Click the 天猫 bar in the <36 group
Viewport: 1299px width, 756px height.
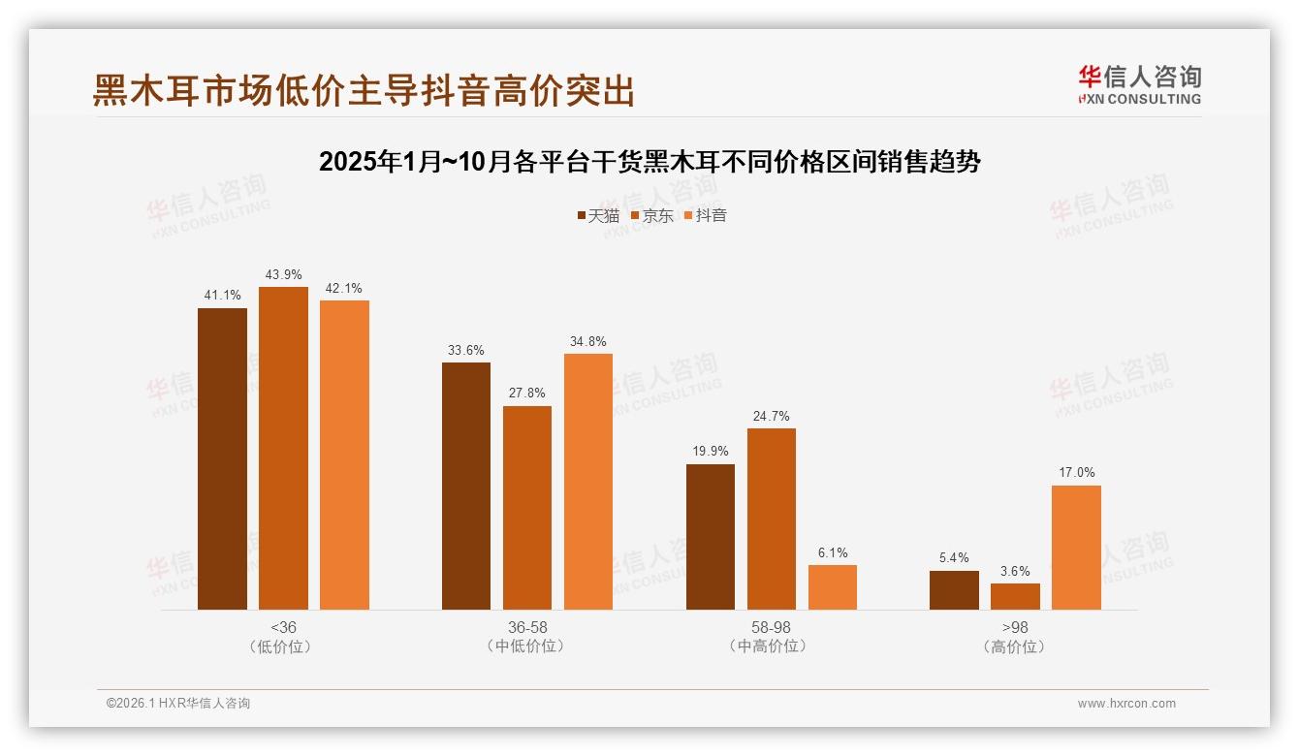(x=222, y=458)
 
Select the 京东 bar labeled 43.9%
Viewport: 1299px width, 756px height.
(x=283, y=448)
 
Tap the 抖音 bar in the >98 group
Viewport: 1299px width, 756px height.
(x=1076, y=548)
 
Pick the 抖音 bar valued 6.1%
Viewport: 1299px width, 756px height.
(x=833, y=587)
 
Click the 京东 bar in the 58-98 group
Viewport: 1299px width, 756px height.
(x=772, y=519)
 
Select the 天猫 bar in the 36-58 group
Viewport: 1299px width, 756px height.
(x=466, y=486)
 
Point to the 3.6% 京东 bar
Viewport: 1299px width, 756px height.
(x=1015, y=596)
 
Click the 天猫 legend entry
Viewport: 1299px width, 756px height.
(x=597, y=215)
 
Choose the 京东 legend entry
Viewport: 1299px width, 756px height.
(x=651, y=215)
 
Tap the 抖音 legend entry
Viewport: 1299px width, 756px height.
(x=705, y=215)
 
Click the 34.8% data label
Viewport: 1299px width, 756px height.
(x=588, y=341)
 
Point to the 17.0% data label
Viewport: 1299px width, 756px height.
(x=1076, y=473)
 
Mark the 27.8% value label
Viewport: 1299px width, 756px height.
(x=527, y=394)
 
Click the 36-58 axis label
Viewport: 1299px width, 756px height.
(x=527, y=627)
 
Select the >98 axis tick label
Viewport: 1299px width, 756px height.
(x=1015, y=627)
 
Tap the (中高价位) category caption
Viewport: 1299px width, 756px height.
(x=772, y=646)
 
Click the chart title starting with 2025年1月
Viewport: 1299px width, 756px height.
(x=649, y=162)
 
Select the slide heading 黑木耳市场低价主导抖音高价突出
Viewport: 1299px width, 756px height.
(x=364, y=90)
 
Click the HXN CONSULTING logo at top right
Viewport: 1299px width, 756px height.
(x=1140, y=84)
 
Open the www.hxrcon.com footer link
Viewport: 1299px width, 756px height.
(x=1126, y=704)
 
